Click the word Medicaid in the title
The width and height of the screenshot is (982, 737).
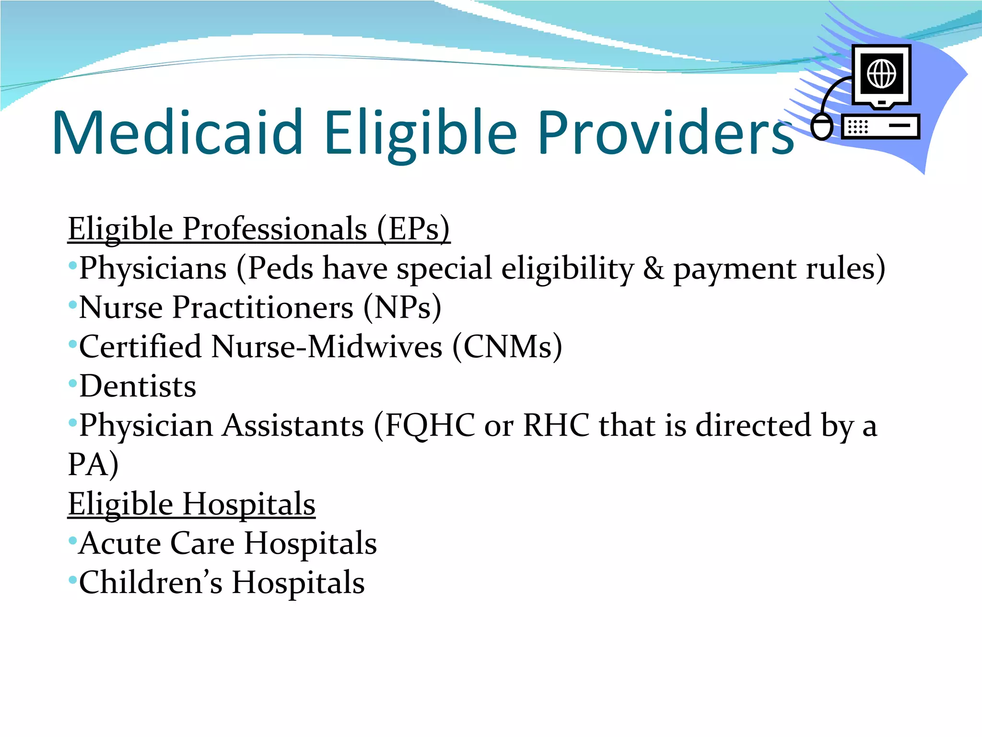pyautogui.click(x=177, y=133)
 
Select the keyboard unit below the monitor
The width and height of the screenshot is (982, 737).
pyautogui.click(x=880, y=127)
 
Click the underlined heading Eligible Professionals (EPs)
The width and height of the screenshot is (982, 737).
pyautogui.click(x=259, y=229)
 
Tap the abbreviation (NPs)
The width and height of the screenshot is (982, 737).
pyautogui.click(x=402, y=308)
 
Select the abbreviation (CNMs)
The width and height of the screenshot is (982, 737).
pyautogui.click(x=507, y=347)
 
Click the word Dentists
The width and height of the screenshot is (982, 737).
pyautogui.click(x=138, y=386)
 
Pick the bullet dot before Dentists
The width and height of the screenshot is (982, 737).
pyautogui.click(x=72, y=383)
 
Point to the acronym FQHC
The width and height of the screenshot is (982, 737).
pyautogui.click(x=430, y=426)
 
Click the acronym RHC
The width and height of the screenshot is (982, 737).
pyautogui.click(x=556, y=426)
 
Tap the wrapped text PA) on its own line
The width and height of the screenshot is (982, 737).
pyautogui.click(x=93, y=464)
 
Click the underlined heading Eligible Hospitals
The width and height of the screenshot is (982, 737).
pyautogui.click(x=191, y=504)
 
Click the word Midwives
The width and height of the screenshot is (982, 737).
pyautogui.click(x=374, y=347)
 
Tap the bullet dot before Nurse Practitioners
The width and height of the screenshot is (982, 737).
pyautogui.click(x=72, y=305)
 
